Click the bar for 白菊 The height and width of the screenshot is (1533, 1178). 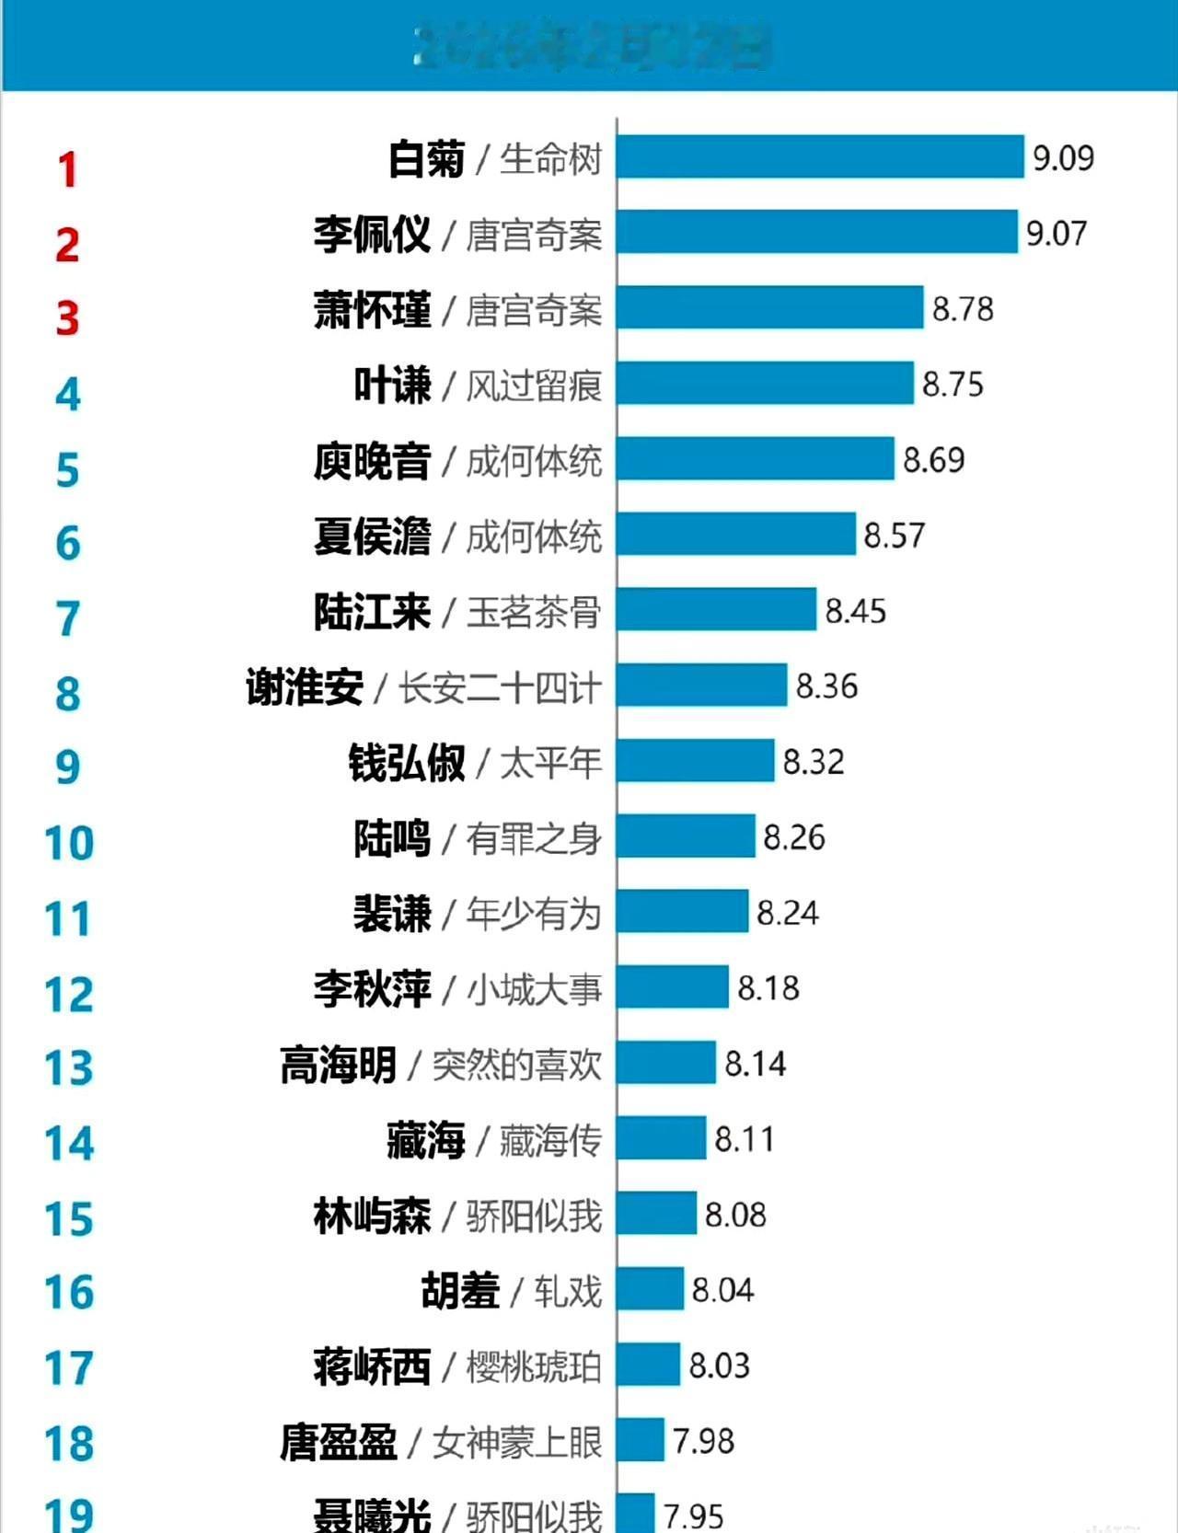820,156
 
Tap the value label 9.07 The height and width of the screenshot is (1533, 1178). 1057,233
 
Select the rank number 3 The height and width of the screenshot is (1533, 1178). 67,318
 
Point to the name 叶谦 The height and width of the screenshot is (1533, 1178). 393,385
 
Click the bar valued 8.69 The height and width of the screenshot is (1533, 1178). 756,458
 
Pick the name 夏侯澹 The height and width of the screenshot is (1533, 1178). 372,536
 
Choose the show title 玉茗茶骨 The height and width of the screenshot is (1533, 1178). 534,612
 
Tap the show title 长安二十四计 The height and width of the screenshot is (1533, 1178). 500,687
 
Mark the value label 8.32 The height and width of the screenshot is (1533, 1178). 814,762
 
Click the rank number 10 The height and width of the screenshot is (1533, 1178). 69,843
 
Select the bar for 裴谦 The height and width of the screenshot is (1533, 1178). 683,912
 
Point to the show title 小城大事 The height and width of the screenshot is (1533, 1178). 534,989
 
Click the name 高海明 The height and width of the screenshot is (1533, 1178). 338,1065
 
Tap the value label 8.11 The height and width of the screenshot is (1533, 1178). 745,1139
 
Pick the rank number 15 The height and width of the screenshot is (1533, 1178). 69,1219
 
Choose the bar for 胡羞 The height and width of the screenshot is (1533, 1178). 651,1289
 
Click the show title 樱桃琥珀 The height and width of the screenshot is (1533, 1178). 534,1366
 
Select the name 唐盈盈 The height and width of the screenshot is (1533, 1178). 338,1442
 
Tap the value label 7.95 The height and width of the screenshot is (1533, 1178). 693,1516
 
